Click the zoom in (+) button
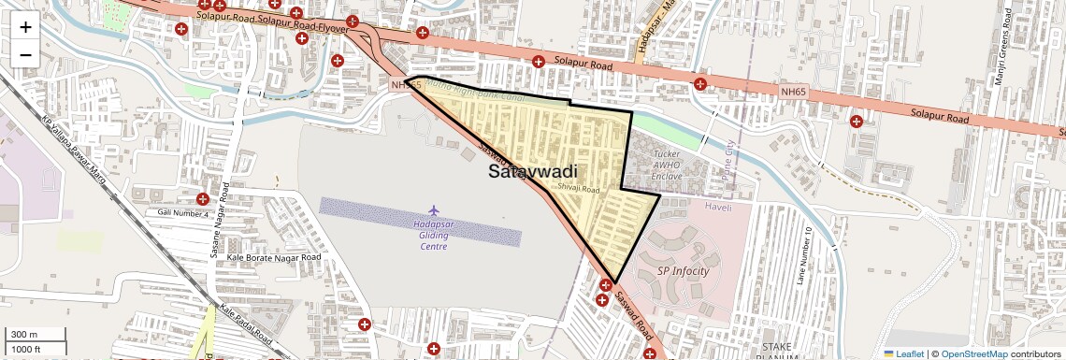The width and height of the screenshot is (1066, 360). click(25, 26)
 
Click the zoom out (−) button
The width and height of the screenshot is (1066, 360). click(25, 54)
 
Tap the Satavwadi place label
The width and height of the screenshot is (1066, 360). click(533, 172)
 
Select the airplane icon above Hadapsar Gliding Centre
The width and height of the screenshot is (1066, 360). click(432, 209)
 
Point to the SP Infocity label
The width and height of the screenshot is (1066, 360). click(684, 271)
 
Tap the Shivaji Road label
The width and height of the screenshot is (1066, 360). click(578, 188)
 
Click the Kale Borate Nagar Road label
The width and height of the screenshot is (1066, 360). click(274, 257)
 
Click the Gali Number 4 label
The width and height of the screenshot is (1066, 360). click(181, 213)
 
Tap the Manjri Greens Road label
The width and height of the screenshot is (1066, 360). click(1000, 57)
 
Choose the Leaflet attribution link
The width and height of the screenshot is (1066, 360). click(904, 353)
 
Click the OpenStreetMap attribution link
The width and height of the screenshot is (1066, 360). click(974, 353)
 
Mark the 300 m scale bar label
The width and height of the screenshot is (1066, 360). click(24, 335)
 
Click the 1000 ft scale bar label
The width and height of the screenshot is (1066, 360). click(26, 349)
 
